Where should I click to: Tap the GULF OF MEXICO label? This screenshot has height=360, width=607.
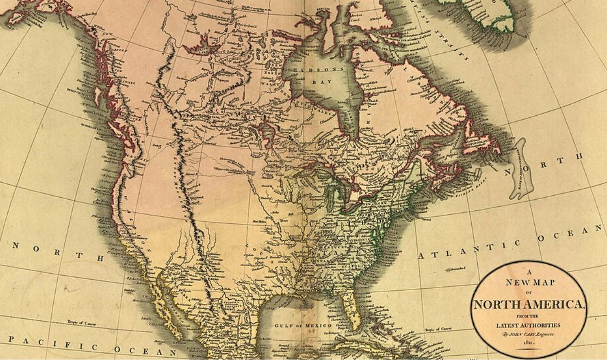[303, 326]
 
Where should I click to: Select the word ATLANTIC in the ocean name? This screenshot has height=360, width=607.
[467, 249]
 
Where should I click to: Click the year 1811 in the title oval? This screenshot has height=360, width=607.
[528, 343]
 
